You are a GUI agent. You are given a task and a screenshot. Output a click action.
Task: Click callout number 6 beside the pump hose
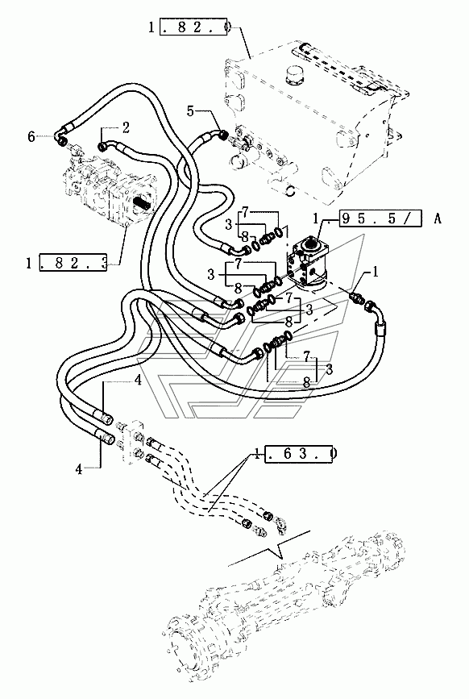point(31,136)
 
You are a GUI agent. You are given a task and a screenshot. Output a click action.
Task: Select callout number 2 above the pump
point(126,128)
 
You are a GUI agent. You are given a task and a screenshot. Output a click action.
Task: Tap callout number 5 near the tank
point(191,111)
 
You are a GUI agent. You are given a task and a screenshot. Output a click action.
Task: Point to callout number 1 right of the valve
point(376,272)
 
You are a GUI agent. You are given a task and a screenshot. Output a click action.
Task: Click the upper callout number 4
point(139,381)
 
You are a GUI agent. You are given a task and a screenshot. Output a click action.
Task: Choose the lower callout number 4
point(79,469)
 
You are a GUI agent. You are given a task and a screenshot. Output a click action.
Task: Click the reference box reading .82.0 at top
point(196,27)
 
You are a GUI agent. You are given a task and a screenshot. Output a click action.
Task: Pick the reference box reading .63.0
point(299,453)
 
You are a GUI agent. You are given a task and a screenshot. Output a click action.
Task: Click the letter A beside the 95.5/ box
point(437,218)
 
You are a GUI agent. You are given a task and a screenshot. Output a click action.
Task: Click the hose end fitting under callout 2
point(103,146)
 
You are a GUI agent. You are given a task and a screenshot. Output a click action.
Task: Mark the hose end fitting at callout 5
point(221,132)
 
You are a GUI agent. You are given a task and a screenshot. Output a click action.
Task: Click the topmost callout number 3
point(229,224)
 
